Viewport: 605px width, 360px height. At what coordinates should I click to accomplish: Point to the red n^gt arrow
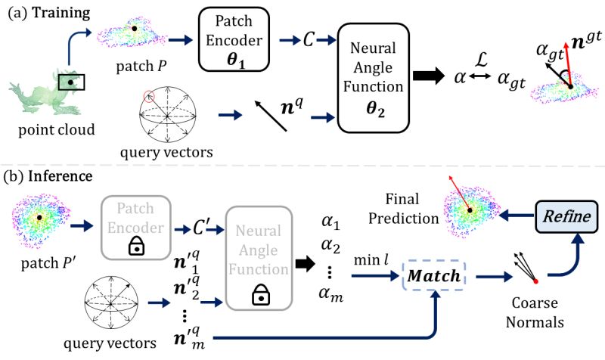[x=578, y=65]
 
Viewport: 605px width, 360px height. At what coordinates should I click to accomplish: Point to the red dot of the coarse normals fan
[x=515, y=281]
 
